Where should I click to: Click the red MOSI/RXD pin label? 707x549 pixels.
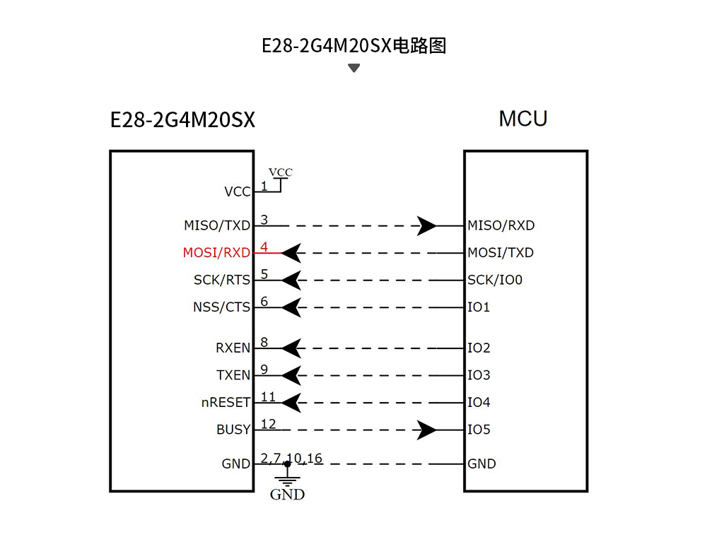click(x=216, y=253)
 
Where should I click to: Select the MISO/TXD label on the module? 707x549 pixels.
click(x=217, y=226)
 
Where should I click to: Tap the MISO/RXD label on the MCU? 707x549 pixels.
click(x=501, y=226)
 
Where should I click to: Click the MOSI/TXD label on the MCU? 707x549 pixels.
click(x=501, y=253)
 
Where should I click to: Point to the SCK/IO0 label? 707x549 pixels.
click(x=495, y=281)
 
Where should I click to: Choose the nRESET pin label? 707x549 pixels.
click(x=226, y=403)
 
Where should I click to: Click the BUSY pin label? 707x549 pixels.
click(x=233, y=430)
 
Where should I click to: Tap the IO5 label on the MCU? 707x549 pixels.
click(x=479, y=430)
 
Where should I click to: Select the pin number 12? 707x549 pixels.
click(x=269, y=424)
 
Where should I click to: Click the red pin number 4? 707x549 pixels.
click(x=264, y=247)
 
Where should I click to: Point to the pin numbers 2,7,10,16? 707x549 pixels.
click(x=291, y=459)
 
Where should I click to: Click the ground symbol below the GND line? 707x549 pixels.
click(x=287, y=481)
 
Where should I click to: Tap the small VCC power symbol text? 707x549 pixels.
click(x=281, y=172)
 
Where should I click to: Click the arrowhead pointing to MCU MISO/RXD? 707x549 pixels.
click(x=426, y=226)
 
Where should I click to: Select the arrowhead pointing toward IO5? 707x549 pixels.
click(x=426, y=430)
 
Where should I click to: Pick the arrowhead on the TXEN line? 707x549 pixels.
click(x=292, y=375)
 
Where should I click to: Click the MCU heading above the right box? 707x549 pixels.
click(x=523, y=119)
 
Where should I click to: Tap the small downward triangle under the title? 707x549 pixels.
click(x=354, y=69)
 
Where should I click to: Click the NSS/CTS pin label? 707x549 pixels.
click(x=221, y=308)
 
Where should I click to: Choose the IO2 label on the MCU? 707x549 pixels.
click(x=479, y=348)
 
